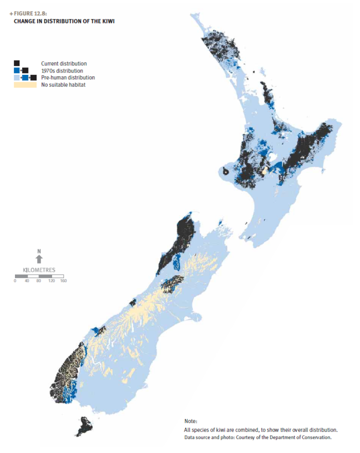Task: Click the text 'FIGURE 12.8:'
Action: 30,14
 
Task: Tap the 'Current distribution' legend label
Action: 64,64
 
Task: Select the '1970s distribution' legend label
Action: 62,71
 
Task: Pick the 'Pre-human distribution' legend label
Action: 68,77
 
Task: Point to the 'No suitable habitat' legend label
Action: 63,85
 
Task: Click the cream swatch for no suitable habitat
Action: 25,85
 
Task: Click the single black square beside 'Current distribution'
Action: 17,63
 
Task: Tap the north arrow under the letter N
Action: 39,259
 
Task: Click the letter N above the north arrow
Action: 39,251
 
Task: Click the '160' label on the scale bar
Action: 63,281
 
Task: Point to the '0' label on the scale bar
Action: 15,281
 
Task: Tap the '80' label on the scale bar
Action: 39,281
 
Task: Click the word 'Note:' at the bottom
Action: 191,421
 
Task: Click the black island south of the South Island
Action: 84,426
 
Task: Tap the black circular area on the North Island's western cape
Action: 226,171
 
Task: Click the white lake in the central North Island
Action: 274,159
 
